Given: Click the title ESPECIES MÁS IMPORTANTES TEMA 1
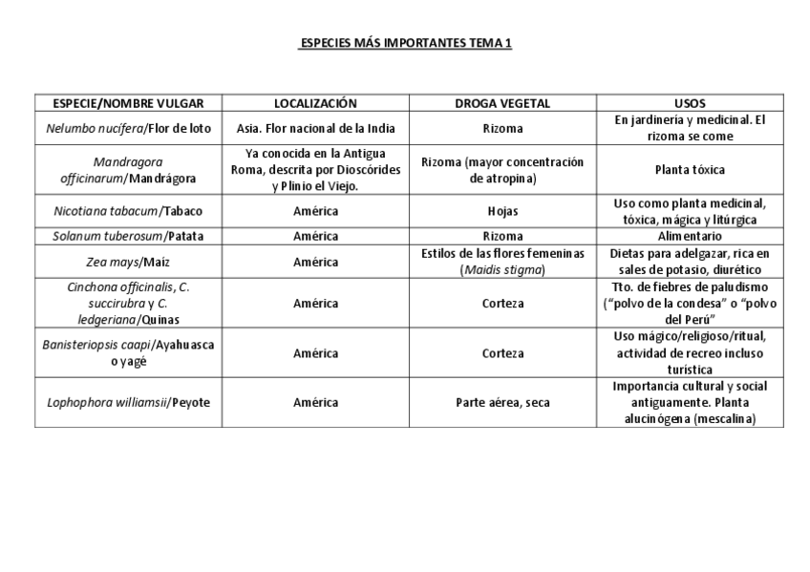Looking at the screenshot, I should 405,44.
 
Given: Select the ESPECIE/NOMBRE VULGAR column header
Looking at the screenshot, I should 128,103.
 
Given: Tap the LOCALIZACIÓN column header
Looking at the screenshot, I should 315,103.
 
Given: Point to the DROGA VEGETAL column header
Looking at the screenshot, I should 502,103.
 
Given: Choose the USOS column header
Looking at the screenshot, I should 690,103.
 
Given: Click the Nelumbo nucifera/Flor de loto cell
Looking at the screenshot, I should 128,129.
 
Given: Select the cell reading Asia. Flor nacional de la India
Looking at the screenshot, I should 315,129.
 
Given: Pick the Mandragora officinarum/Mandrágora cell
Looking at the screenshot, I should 128,170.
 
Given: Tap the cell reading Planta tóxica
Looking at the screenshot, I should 690,170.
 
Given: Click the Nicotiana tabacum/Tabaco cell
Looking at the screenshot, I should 128,211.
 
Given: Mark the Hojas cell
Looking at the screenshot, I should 502,211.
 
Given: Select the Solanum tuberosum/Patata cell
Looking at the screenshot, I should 128,236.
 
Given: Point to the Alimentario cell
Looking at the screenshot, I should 690,236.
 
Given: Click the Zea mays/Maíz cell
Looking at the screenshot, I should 128,261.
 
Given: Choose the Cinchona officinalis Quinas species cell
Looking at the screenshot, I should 128,303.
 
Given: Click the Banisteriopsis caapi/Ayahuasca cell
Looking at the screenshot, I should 128,352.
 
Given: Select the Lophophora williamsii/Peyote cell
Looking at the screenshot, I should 128,402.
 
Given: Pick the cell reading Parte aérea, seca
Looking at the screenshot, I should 502,402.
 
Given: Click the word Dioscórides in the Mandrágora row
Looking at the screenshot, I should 359,170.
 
